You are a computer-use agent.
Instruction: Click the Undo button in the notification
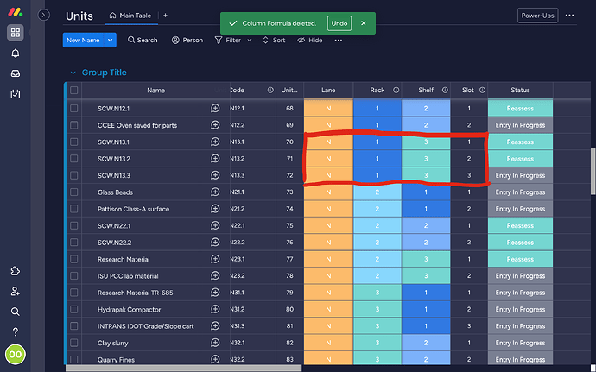339,23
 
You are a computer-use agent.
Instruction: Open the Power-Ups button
538,16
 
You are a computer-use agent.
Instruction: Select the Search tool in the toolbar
143,40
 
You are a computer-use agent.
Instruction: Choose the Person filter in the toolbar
187,40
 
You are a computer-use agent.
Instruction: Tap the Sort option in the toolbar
274,40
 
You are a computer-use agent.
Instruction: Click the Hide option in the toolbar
310,40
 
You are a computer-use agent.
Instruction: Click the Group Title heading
104,73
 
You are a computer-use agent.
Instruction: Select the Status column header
520,90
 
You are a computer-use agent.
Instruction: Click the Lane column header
328,90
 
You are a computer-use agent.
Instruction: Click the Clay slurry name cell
113,343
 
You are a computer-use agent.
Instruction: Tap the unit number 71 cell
289,159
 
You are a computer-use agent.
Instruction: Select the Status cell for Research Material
520,259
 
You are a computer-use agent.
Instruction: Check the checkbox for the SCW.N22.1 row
74,225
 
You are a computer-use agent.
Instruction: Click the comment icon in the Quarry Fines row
215,359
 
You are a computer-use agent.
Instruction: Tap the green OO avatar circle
16,354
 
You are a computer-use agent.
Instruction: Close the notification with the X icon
364,23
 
